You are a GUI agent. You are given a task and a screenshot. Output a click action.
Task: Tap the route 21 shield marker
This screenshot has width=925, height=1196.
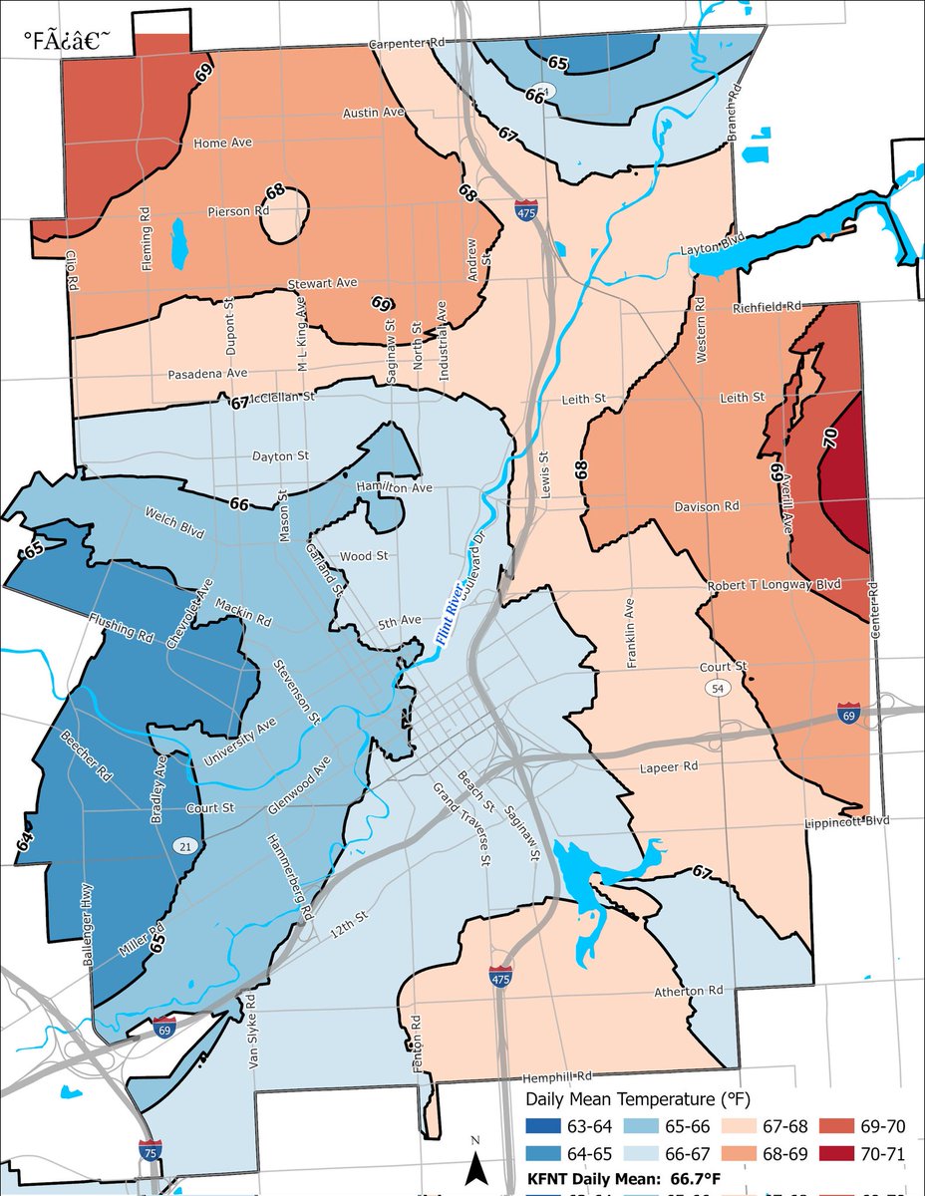pyautogui.click(x=182, y=846)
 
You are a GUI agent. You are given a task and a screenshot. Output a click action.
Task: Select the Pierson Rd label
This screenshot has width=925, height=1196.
pyautogui.click(x=239, y=211)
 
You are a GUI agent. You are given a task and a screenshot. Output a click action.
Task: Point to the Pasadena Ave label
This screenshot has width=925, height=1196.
pyautogui.click(x=207, y=373)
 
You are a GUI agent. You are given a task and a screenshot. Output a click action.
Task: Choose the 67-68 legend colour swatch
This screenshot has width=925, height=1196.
pyautogui.click(x=743, y=1126)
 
